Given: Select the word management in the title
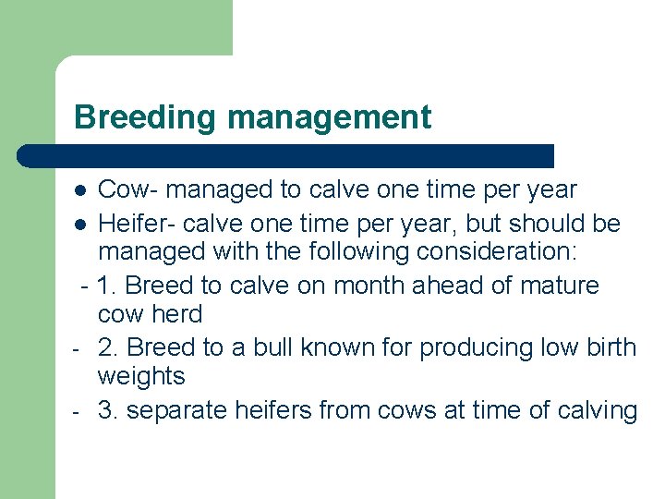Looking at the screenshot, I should [x=329, y=117].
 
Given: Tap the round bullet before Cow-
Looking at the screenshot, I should [x=81, y=191].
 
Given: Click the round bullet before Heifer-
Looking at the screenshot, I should [x=81, y=225].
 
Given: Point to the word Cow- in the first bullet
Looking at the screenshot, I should [x=126, y=190].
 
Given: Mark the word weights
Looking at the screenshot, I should [x=141, y=377].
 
